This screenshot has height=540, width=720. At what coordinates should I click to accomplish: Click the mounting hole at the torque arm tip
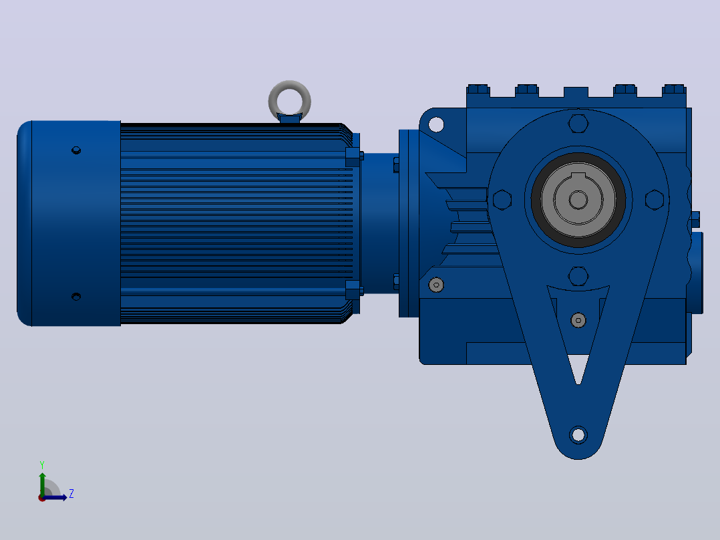578,434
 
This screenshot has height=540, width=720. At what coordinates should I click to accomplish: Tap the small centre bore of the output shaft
578,200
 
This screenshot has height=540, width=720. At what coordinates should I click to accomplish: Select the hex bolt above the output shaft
578,124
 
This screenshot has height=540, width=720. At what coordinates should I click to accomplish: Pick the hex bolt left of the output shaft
502,200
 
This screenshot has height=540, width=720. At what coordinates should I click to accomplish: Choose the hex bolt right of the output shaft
655,200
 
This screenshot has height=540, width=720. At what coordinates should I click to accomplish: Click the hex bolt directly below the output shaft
578,276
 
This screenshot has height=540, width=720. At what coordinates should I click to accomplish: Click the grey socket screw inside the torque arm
578,320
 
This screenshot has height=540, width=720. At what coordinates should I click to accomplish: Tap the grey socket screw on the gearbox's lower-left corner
436,285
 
